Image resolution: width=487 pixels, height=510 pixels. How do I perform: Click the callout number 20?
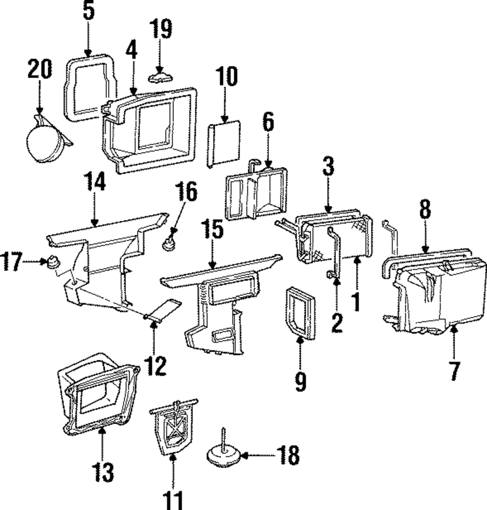39,69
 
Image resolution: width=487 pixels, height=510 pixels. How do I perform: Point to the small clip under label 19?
160,78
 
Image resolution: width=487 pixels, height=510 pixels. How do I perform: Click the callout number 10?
227,76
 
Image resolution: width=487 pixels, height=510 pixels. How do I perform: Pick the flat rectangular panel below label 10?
224,144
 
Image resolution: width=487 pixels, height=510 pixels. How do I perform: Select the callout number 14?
94,181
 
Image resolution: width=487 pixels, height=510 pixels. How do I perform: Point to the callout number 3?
328,166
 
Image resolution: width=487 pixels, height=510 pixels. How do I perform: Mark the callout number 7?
454,371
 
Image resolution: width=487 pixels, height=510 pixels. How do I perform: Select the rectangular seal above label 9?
300,313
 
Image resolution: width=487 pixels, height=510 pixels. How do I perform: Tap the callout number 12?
156,366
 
